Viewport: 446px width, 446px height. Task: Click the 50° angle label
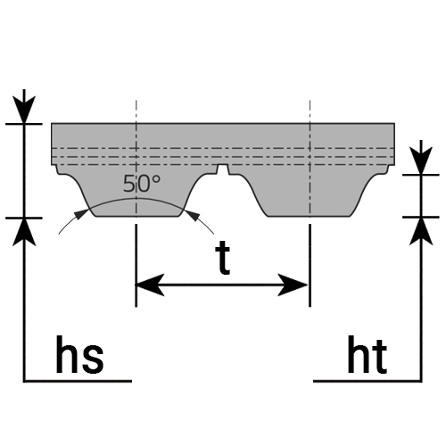(x=142, y=184)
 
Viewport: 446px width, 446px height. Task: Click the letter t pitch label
(x=223, y=258)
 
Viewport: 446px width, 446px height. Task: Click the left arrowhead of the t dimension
(x=150, y=285)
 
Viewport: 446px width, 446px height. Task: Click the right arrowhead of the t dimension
(x=293, y=285)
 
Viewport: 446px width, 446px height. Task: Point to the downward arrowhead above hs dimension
(x=24, y=109)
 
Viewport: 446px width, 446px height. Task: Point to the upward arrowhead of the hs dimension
(x=24, y=232)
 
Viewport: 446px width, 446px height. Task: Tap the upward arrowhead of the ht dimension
(x=421, y=231)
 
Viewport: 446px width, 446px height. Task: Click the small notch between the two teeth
(x=223, y=169)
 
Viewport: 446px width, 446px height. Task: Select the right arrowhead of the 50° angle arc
(x=191, y=215)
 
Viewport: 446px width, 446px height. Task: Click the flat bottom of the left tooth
(x=137, y=216)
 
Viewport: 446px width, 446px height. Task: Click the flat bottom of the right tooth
(x=309, y=216)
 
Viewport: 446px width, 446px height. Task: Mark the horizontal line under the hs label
(x=78, y=381)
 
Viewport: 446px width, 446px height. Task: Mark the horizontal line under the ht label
(x=368, y=381)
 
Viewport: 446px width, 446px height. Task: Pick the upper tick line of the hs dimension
(x=24, y=124)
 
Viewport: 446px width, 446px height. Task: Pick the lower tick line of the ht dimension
(x=421, y=217)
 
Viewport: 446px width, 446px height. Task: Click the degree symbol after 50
(x=156, y=179)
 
